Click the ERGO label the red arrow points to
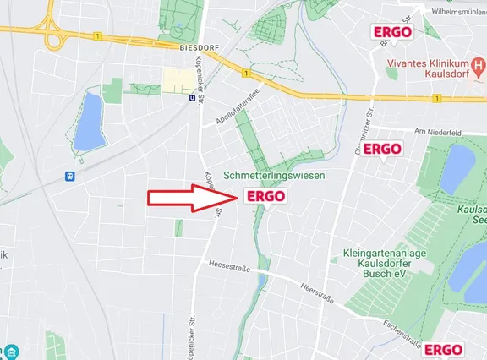[x=265, y=196]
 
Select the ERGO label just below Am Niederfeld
[x=382, y=149]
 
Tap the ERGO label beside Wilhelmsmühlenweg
[x=393, y=32]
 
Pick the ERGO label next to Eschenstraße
[x=443, y=349]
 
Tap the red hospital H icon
[x=478, y=64]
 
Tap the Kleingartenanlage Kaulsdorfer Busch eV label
[x=385, y=263]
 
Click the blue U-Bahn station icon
[x=194, y=96]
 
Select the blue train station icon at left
[x=67, y=177]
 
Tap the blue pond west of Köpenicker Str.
[x=88, y=121]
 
